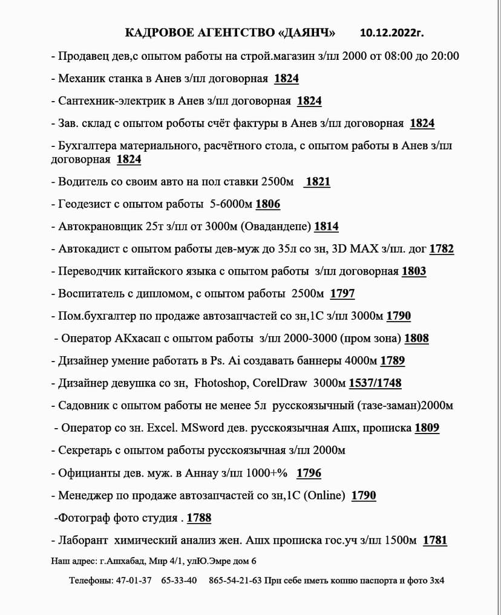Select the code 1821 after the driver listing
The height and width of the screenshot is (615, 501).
point(318,182)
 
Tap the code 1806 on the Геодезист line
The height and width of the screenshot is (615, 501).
point(268,204)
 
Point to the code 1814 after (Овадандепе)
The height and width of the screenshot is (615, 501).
point(326,227)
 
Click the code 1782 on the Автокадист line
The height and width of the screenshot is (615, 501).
point(442,249)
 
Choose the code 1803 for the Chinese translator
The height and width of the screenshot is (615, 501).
point(414,272)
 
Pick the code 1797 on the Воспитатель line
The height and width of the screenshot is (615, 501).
point(342,294)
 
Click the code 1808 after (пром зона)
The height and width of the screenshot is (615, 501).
point(416,339)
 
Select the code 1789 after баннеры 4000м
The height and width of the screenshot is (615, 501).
point(393,361)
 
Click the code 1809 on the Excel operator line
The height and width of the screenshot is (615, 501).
point(427,428)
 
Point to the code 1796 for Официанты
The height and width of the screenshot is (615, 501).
point(309,473)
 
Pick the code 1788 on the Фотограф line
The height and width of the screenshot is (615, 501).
point(199,518)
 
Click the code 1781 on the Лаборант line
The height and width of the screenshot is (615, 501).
point(435,541)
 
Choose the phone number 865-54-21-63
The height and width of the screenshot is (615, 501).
point(235,581)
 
